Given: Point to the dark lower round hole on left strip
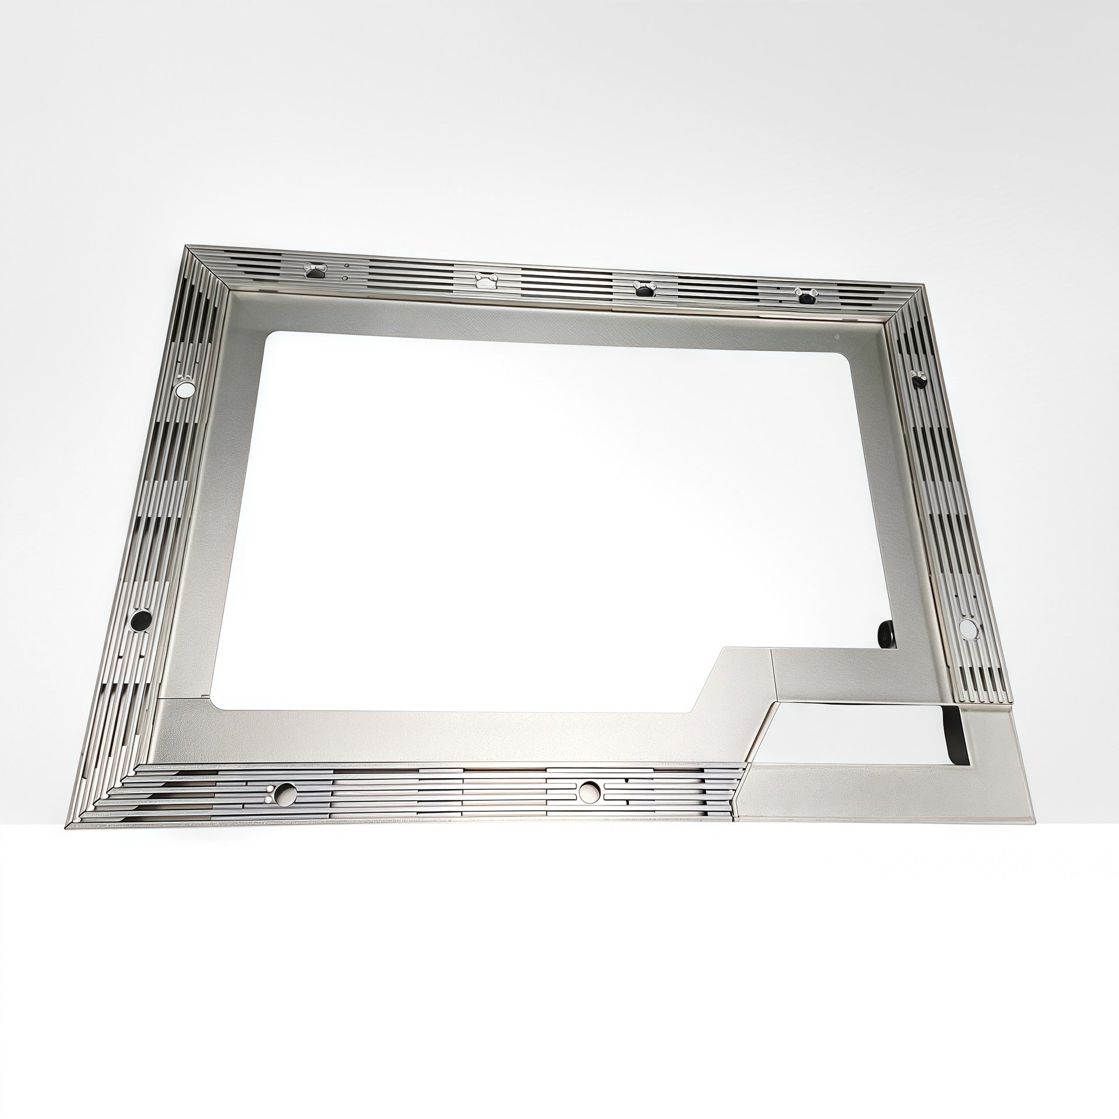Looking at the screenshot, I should point(140,620).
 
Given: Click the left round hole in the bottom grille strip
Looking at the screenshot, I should point(286,791).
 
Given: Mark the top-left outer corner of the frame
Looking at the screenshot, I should point(186,247).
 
